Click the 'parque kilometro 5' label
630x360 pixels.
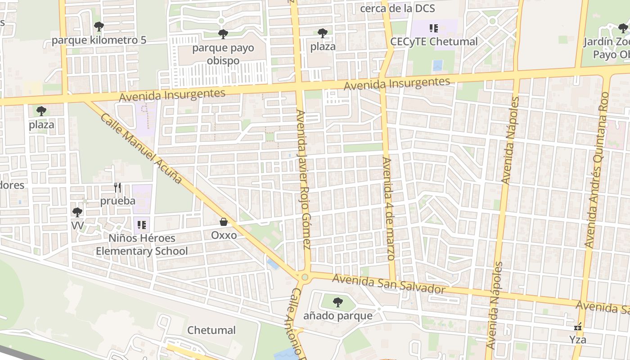pos(99,40)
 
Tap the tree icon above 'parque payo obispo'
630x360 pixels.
pos(223,34)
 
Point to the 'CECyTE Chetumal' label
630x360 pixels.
pos(434,42)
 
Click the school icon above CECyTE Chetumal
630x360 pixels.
pos(433,29)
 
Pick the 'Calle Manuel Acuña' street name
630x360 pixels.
pos(141,148)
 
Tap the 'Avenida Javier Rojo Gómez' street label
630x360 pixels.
pos(304,179)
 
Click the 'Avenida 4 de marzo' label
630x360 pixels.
pos(387,208)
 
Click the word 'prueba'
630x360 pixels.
pos(117,201)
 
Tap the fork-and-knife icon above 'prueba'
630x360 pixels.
pos(117,188)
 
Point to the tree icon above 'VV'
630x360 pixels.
pos(77,212)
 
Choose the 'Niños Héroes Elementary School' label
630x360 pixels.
pos(142,244)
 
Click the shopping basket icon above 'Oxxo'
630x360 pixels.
pos(223,221)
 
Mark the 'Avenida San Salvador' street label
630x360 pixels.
pos(389,285)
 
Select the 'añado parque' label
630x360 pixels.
pos(337,316)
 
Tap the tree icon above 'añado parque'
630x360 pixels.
pos(337,302)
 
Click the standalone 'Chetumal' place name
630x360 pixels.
pos(211,330)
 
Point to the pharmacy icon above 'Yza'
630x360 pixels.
pos(578,327)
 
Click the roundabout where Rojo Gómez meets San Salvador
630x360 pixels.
pos(305,277)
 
